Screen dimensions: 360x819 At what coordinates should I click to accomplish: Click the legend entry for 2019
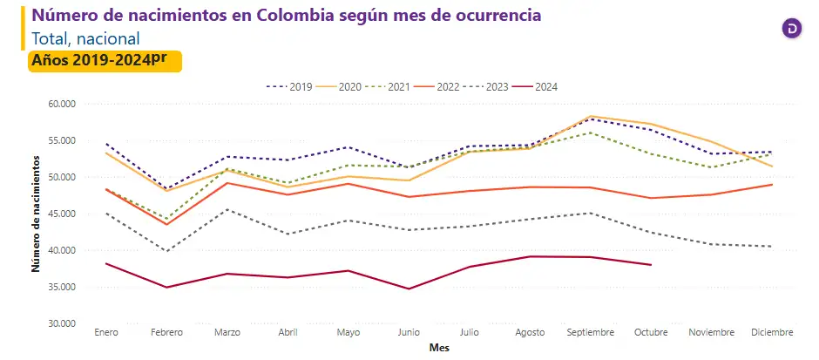[290, 86]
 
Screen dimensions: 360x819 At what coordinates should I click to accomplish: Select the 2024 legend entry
[536, 86]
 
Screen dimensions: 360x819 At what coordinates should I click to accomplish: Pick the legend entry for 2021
[388, 86]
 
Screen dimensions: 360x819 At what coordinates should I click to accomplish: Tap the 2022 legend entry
[437, 86]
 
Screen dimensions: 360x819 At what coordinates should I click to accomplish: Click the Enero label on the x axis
[106, 333]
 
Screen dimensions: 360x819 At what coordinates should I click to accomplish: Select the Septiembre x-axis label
[591, 333]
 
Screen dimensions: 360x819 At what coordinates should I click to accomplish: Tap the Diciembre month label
[771, 333]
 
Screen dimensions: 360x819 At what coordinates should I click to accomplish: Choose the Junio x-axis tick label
[409, 333]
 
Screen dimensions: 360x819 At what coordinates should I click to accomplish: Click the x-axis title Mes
[439, 347]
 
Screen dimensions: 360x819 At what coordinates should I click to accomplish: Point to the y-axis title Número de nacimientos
[36, 214]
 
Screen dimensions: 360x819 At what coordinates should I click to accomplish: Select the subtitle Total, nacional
[85, 38]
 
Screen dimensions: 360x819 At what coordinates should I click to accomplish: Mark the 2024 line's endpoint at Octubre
[651, 265]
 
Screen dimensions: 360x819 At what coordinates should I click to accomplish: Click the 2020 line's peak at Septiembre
[591, 116]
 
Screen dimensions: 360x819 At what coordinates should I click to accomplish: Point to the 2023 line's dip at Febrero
[166, 251]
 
